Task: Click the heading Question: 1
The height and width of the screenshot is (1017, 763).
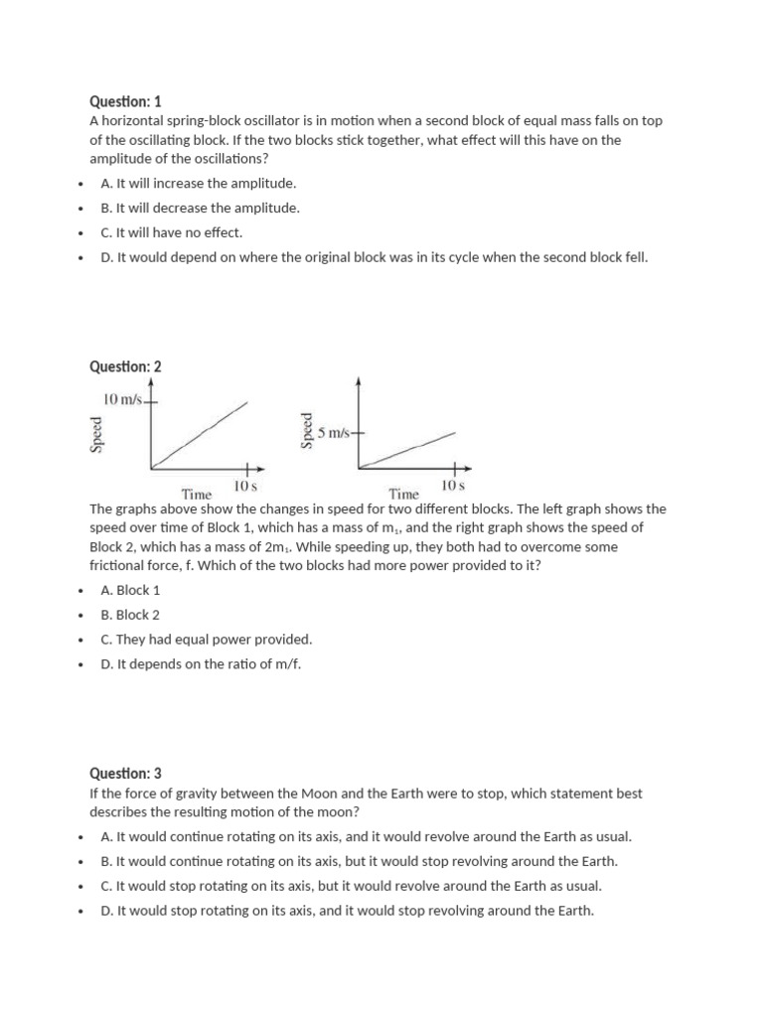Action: pyautogui.click(x=125, y=101)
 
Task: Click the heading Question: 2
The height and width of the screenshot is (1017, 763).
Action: pyautogui.click(x=125, y=366)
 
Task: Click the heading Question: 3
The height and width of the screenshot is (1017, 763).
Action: pyautogui.click(x=125, y=773)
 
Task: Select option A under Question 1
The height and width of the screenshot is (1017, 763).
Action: pyautogui.click(x=199, y=184)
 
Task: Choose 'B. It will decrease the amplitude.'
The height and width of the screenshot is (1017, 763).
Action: pyautogui.click(x=200, y=209)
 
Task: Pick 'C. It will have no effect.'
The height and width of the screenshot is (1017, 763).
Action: pyautogui.click(x=172, y=232)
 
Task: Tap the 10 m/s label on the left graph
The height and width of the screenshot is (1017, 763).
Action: pyautogui.click(x=124, y=399)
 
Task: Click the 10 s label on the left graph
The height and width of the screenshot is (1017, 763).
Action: pyautogui.click(x=245, y=487)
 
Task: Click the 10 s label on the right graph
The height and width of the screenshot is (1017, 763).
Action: pyautogui.click(x=452, y=487)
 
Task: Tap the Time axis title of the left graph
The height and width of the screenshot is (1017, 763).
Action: pyautogui.click(x=197, y=494)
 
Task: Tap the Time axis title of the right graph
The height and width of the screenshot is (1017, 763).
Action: pyautogui.click(x=403, y=494)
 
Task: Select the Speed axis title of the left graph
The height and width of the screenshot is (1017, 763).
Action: pyautogui.click(x=96, y=434)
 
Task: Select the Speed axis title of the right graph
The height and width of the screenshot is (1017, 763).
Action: pyautogui.click(x=307, y=430)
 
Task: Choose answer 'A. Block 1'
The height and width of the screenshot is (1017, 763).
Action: pyautogui.click(x=131, y=590)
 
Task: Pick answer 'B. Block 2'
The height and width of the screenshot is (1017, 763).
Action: pyautogui.click(x=131, y=615)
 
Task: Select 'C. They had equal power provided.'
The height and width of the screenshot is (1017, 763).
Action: pyautogui.click(x=207, y=640)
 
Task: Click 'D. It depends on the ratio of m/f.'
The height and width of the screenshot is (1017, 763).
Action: pyautogui.click(x=201, y=663)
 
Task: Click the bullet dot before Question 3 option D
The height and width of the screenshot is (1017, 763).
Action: pyautogui.click(x=78, y=911)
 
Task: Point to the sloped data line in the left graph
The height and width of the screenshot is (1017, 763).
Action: pyautogui.click(x=199, y=434)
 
